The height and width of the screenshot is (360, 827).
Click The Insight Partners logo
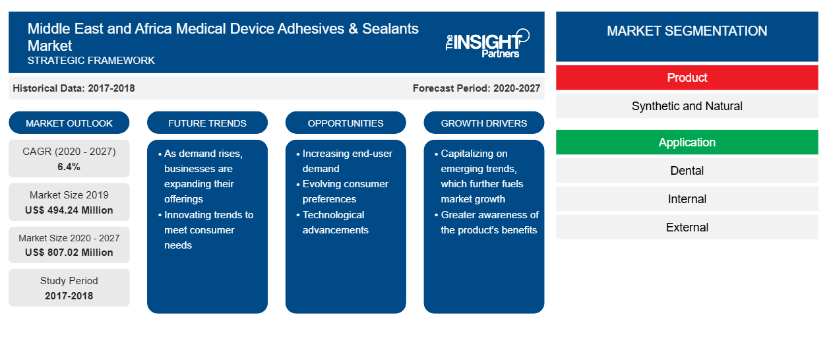pos(487,44)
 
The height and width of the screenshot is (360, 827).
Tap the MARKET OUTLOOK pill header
pos(69,123)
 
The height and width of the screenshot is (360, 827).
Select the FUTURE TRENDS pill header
pos(207,123)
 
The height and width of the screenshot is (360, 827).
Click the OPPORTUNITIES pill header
pos(346,123)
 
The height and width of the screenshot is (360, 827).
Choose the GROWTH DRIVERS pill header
pos(484,123)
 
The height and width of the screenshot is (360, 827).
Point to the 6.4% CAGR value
pos(69,167)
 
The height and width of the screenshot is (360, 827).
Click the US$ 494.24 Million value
pos(69,210)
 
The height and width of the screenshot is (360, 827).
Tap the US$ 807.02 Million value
pos(69,253)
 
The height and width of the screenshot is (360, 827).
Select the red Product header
pos(687,78)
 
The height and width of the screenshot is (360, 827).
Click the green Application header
pos(687,142)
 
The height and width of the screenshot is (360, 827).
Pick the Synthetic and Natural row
pos(687,106)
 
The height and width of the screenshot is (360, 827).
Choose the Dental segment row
pos(687,171)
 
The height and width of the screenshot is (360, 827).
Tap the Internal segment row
pos(687,199)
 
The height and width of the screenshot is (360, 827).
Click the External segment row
pos(687,227)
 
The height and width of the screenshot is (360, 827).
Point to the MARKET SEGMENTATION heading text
pos(687,31)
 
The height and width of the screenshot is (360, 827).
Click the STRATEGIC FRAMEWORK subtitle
pos(91,61)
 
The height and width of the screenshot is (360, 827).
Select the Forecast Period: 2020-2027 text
pos(476,88)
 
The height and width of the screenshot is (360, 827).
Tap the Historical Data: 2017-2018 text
pos(74,88)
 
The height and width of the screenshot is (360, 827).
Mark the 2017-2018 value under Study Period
pos(69,296)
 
